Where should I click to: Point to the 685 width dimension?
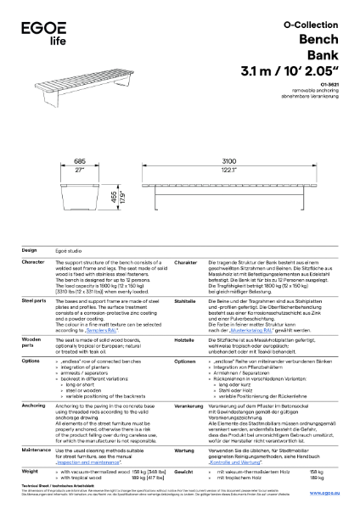point(81,160)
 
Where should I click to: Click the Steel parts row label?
point(33,300)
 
